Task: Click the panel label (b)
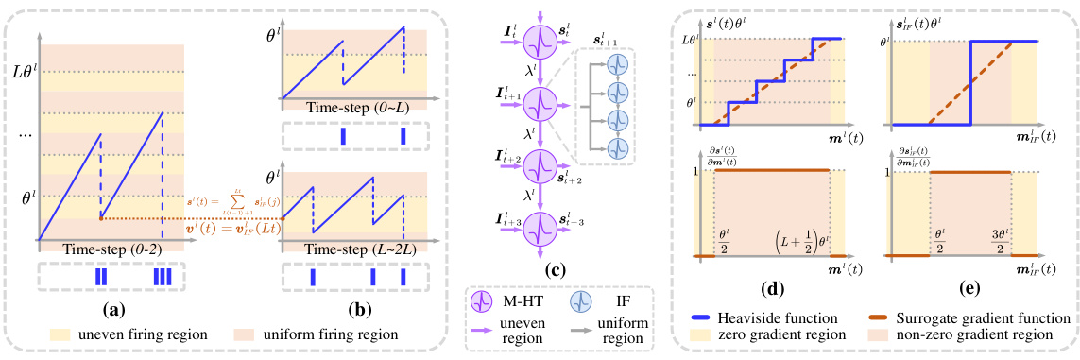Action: [x=354, y=307]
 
